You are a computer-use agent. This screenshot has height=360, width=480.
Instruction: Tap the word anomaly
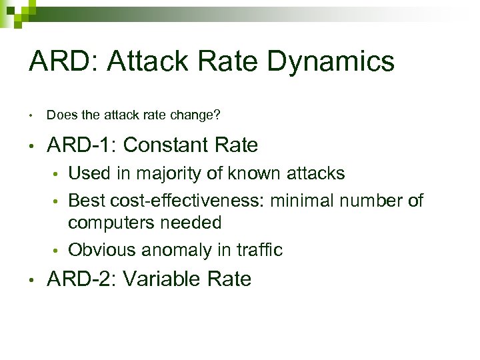point(177,250)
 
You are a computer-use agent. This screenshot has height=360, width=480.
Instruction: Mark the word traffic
point(260,250)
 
